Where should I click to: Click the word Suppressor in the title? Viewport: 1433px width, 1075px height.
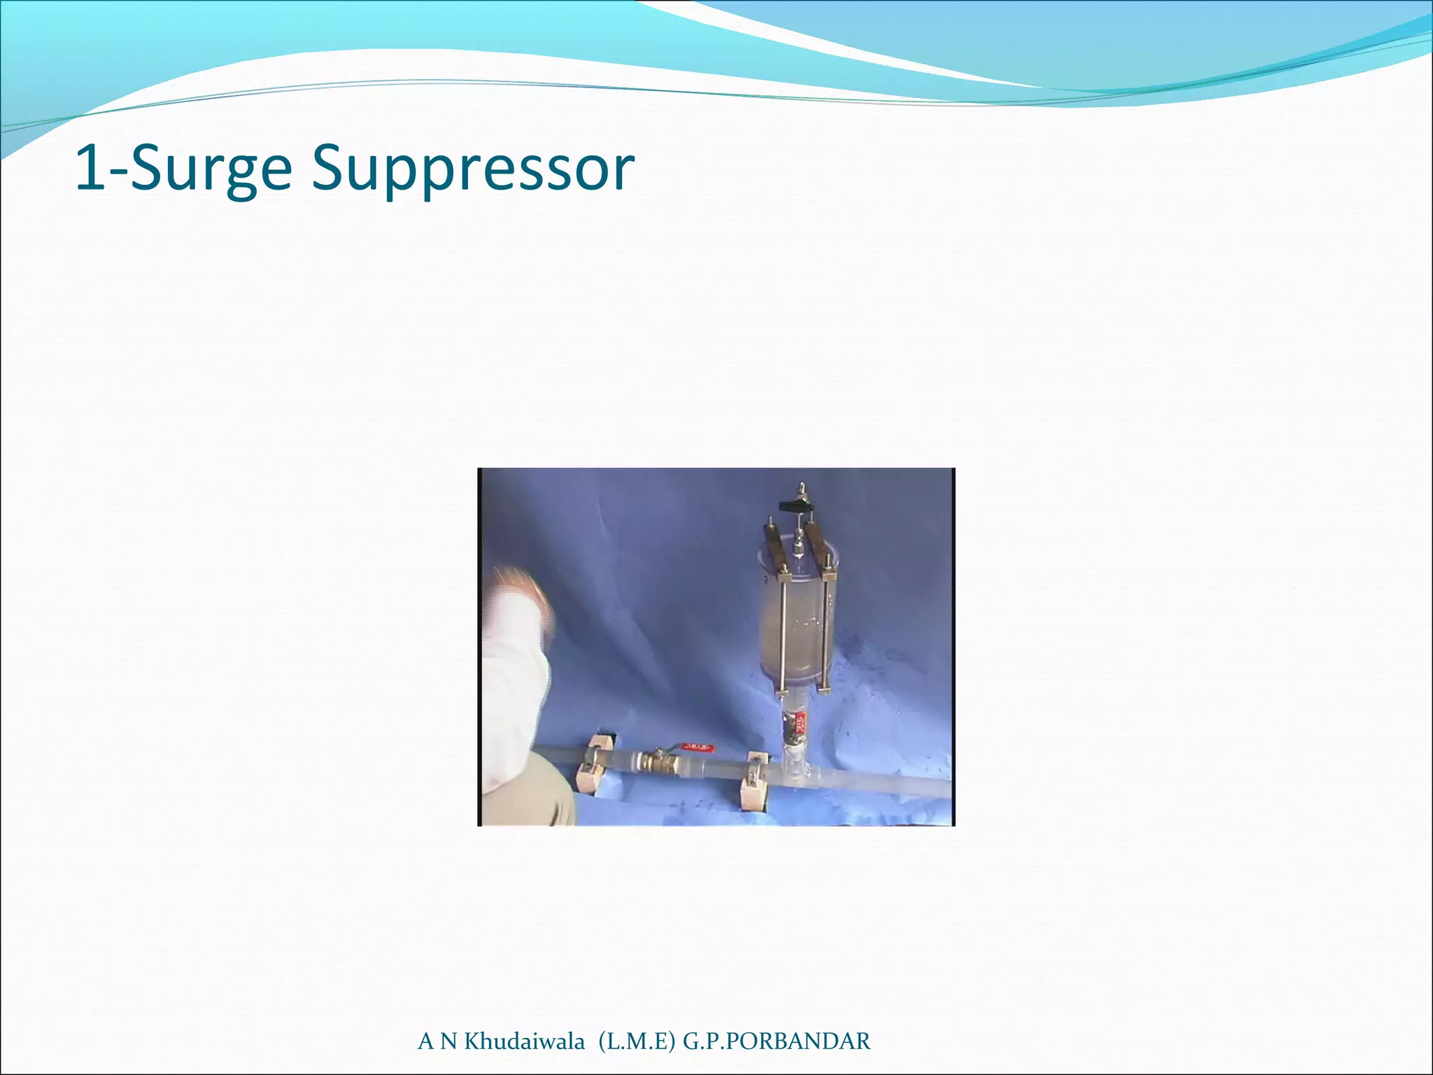click(473, 170)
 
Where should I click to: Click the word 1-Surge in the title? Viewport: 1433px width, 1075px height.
click(183, 170)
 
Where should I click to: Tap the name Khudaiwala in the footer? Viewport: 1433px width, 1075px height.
click(525, 1041)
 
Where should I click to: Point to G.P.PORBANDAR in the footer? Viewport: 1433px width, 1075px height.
click(777, 1041)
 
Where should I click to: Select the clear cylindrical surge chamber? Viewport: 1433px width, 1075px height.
click(798, 616)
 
